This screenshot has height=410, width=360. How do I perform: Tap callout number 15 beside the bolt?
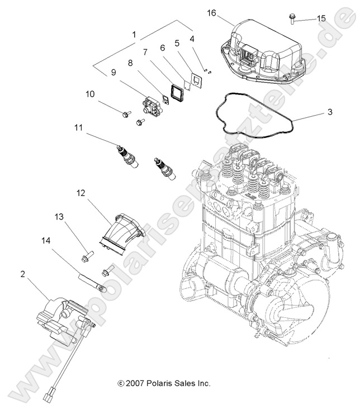coord(321,18)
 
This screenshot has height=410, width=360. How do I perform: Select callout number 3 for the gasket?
coord(330,112)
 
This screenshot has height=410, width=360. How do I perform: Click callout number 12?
coord(82,193)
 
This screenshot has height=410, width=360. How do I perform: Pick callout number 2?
coord(22,274)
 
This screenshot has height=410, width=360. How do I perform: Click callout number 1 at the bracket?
coord(134,35)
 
